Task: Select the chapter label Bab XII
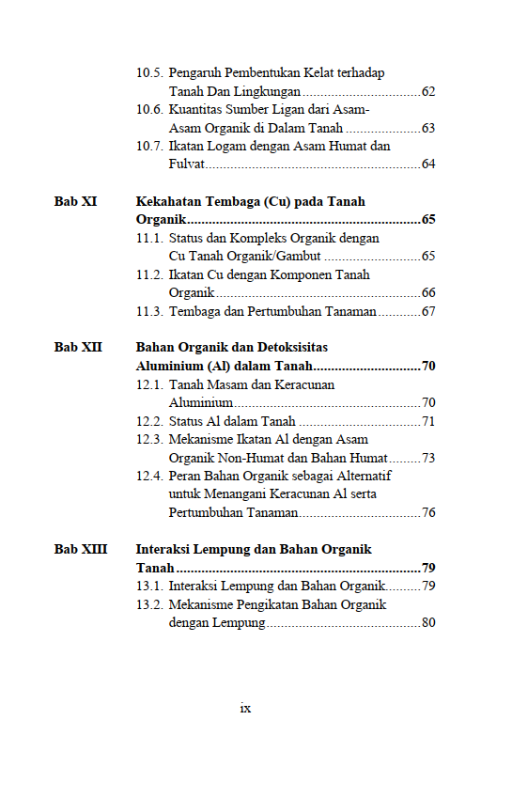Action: pyautogui.click(x=78, y=348)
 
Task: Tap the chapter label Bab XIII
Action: pyautogui.click(x=80, y=549)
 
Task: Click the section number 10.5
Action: pyautogui.click(x=149, y=73)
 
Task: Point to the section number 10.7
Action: pyautogui.click(x=149, y=147)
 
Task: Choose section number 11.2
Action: pyautogui.click(x=149, y=274)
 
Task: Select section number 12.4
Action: pyautogui.click(x=149, y=476)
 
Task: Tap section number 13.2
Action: pyautogui.click(x=149, y=604)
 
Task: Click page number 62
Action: pyautogui.click(x=428, y=92)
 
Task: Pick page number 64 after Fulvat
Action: pyautogui.click(x=428, y=164)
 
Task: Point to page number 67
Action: pyautogui.click(x=428, y=311)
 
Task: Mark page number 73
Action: pyautogui.click(x=428, y=458)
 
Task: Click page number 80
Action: pyautogui.click(x=428, y=622)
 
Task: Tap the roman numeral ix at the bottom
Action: pyautogui.click(x=245, y=708)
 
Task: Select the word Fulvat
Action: pyautogui.click(x=186, y=164)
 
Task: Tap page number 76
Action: pyautogui.click(x=428, y=512)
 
